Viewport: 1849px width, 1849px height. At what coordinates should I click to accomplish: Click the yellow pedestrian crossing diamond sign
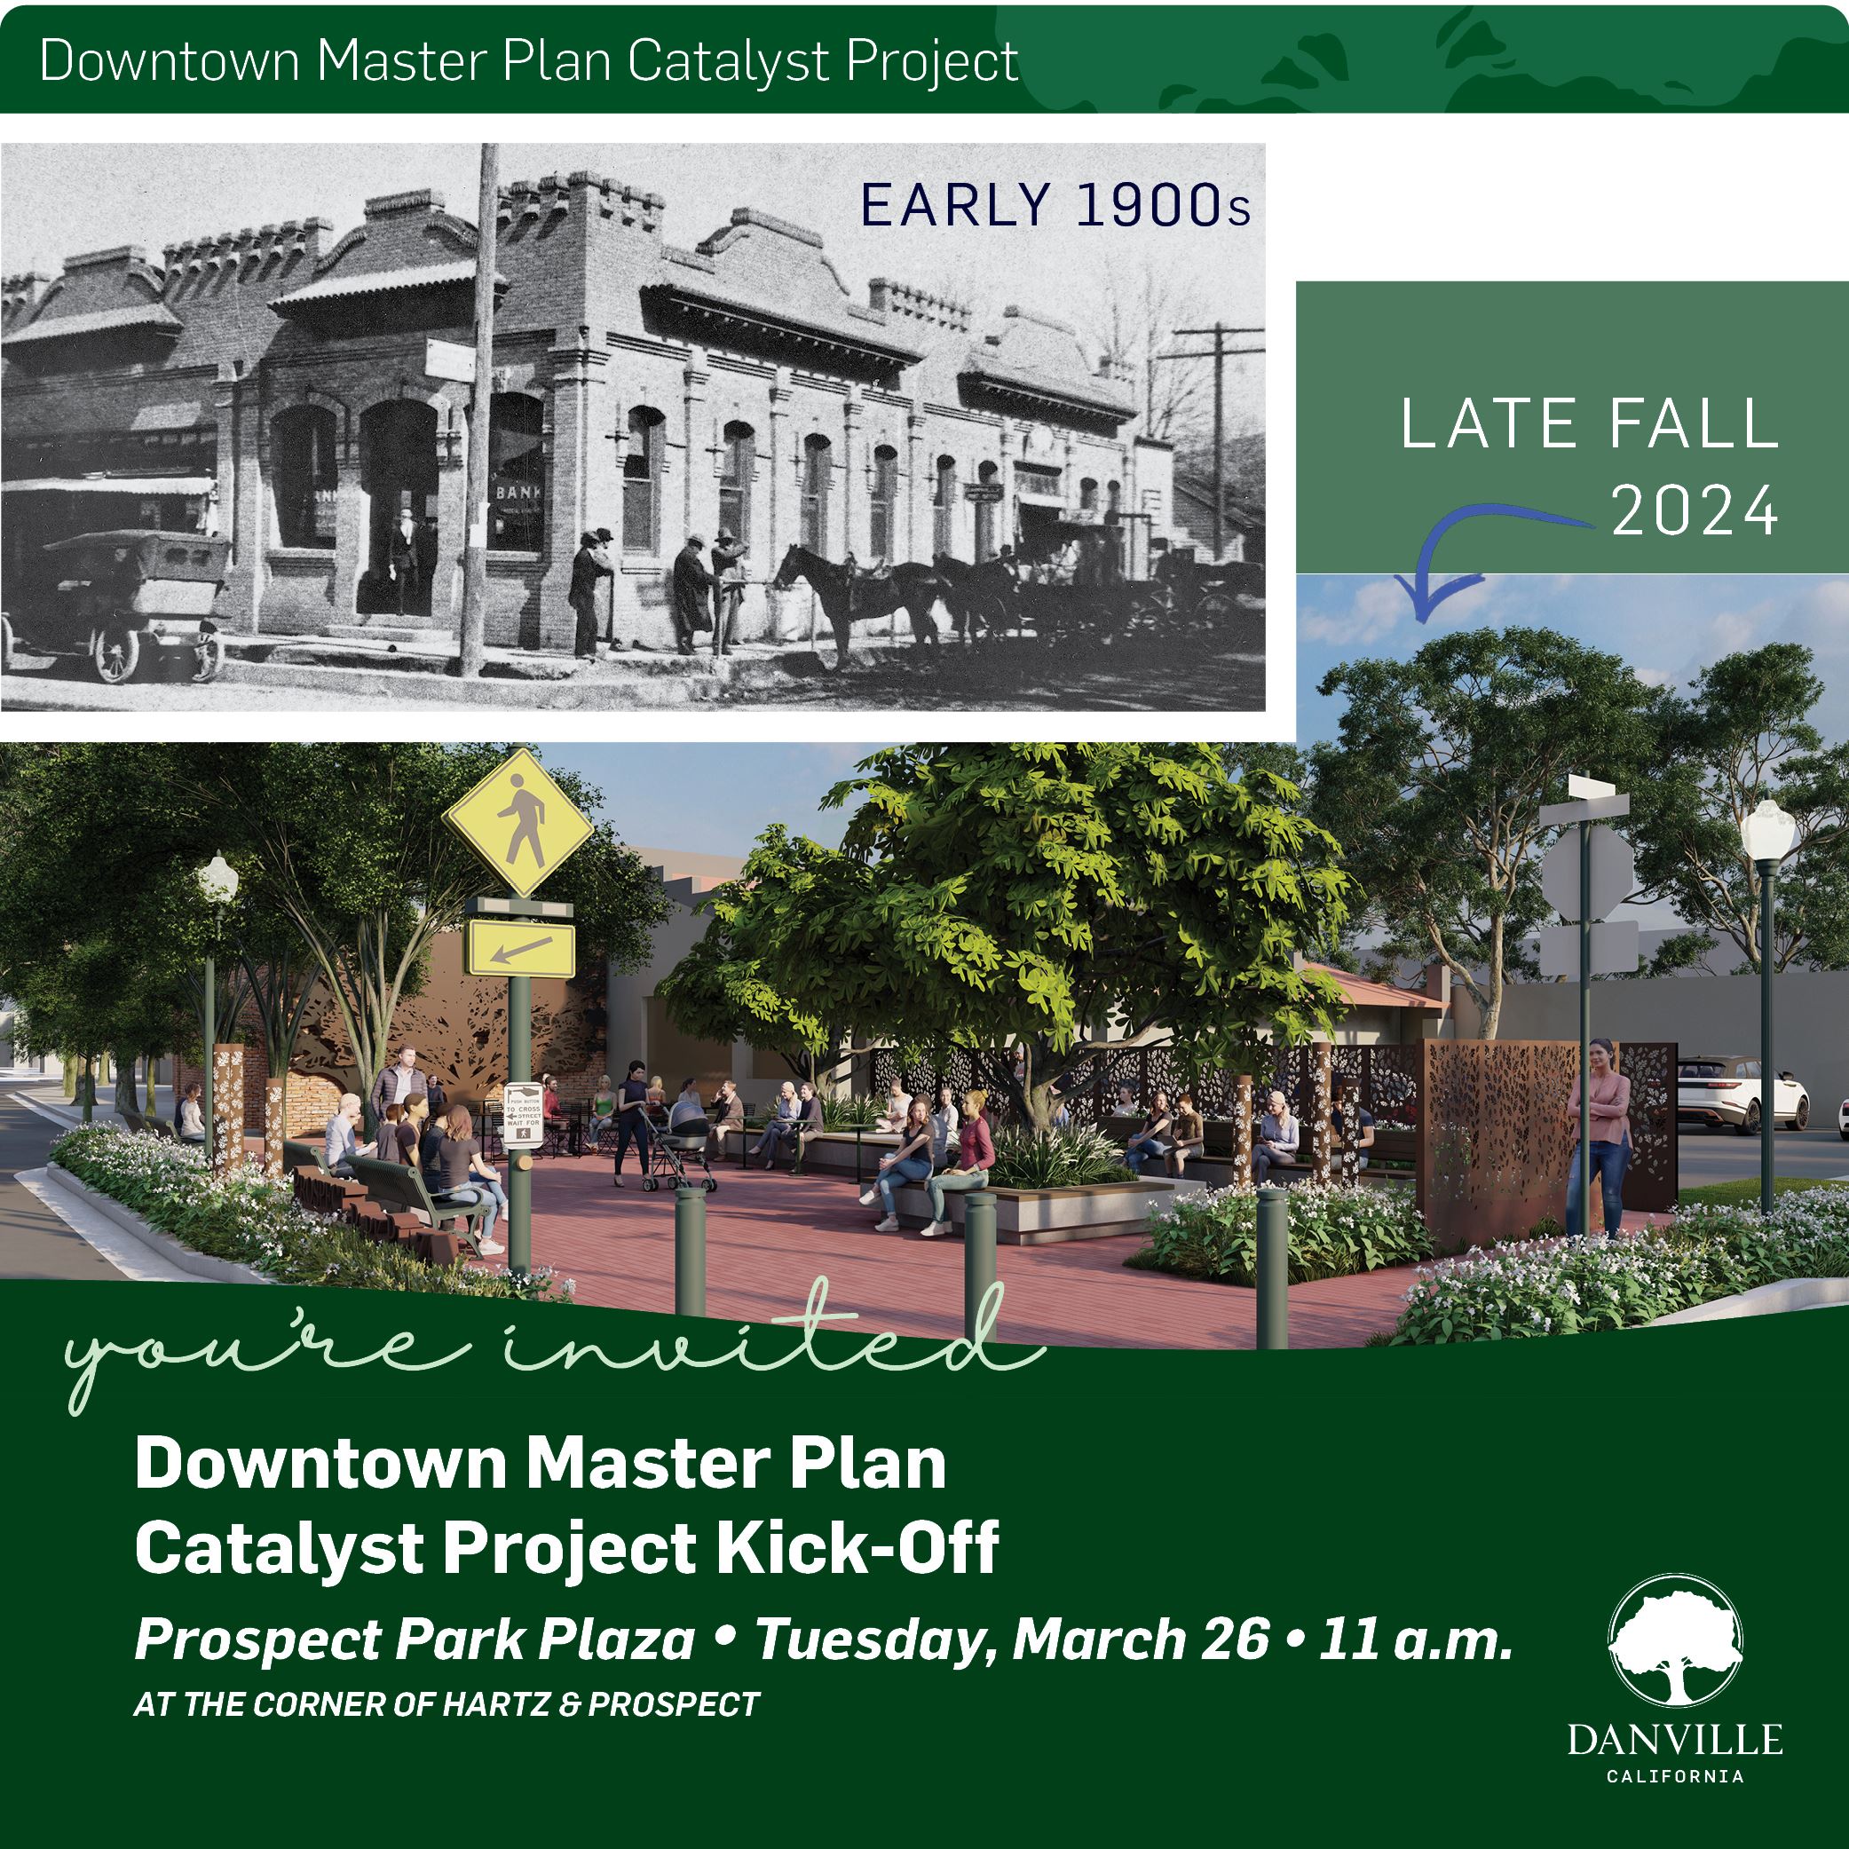(518, 822)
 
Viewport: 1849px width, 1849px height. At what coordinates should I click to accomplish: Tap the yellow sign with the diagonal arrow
(521, 950)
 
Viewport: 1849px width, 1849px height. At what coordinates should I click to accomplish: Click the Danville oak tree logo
(1675, 1640)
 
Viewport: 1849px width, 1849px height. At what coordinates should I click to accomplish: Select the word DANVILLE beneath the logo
(1675, 1740)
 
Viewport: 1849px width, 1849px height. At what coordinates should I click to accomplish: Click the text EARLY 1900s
(1055, 206)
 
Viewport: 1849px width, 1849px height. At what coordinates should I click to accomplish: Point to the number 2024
(1694, 512)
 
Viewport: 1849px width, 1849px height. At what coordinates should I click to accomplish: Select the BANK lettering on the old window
(518, 492)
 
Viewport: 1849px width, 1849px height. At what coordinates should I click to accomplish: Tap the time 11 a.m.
(1417, 1640)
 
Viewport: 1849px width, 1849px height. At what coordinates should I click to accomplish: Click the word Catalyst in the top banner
(730, 61)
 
